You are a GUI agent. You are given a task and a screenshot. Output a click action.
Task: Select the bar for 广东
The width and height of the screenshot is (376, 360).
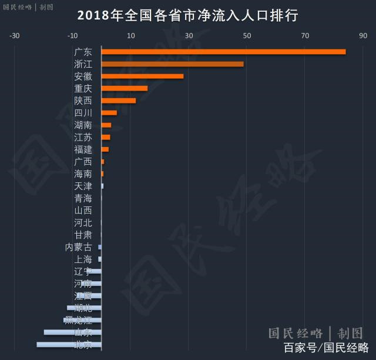223,52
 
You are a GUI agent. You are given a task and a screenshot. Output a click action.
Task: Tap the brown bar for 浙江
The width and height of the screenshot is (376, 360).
172,64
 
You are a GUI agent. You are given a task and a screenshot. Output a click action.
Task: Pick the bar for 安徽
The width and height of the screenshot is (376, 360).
142,76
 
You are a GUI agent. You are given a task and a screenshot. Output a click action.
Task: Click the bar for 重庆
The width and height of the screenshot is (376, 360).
125,88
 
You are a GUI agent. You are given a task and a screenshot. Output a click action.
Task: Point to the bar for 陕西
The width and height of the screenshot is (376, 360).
119,101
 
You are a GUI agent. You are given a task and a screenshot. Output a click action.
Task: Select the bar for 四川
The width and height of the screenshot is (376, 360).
109,113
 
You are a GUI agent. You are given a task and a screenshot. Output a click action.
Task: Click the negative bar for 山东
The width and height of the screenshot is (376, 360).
72,332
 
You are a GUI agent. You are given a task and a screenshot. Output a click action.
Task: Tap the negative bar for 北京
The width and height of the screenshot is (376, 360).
69,345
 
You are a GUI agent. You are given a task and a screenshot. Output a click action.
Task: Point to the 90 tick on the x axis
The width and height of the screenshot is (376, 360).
363,36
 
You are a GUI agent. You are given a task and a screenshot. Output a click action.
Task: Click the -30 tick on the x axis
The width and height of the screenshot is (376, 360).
15,36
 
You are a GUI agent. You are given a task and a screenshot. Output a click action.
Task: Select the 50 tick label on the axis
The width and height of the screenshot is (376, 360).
247,36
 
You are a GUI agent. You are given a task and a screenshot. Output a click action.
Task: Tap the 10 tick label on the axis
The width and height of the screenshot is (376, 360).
131,36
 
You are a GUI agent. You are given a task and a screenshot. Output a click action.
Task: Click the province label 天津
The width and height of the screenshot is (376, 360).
83,186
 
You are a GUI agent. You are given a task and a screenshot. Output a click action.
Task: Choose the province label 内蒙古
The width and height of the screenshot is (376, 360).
78,247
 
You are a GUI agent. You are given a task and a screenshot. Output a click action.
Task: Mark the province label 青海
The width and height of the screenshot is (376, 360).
83,198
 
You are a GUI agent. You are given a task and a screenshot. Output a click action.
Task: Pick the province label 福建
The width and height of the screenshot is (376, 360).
83,149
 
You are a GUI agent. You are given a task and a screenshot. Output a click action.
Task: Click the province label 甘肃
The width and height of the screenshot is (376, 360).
83,235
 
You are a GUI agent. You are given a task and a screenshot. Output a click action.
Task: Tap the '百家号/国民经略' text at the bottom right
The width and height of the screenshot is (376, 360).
326,348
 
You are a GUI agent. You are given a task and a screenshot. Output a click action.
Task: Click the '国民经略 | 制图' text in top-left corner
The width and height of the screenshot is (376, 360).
28,8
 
